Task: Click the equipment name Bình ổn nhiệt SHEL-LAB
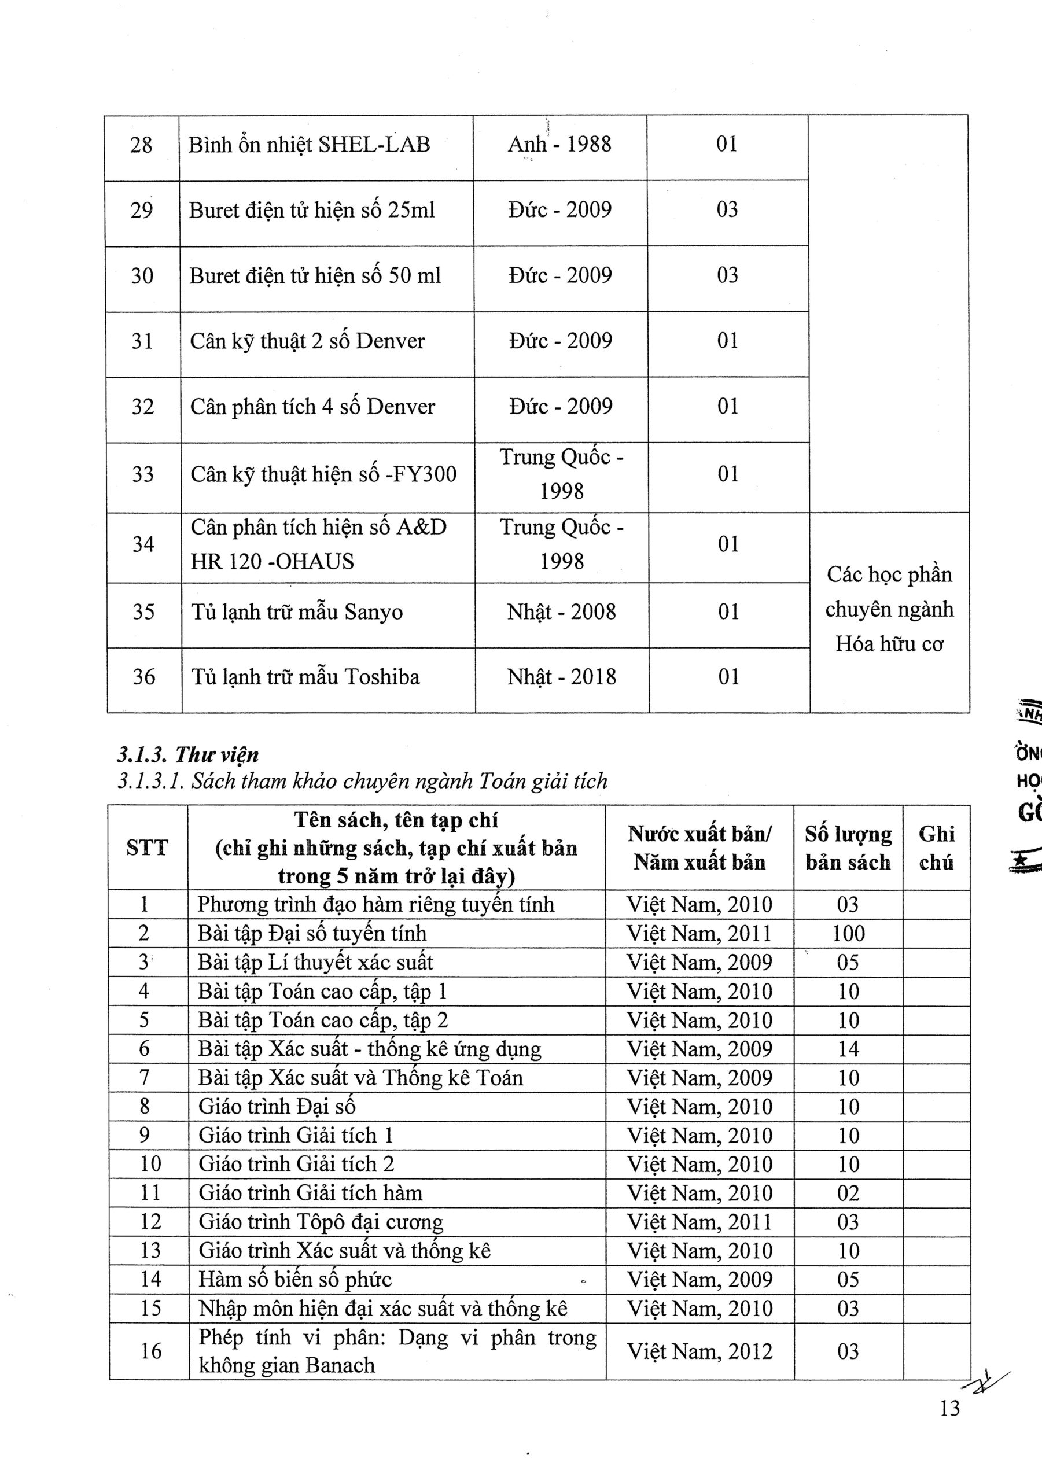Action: click(x=309, y=145)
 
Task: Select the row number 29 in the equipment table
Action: click(x=141, y=210)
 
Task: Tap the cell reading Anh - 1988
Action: click(x=559, y=144)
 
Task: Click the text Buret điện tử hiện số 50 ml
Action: click(x=315, y=276)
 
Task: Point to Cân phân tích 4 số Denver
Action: click(x=312, y=406)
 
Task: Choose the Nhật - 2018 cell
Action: click(x=561, y=677)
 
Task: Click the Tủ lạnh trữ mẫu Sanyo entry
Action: click(x=297, y=611)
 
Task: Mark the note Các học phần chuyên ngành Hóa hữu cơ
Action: click(x=889, y=610)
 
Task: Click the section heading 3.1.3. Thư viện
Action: click(x=188, y=754)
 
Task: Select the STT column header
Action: click(x=147, y=848)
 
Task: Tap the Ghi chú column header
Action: click(x=936, y=848)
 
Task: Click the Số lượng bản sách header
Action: click(x=848, y=848)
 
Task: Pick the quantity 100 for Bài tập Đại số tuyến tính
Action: click(x=848, y=933)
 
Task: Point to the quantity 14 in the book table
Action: click(x=848, y=1049)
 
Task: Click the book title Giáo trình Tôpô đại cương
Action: click(x=321, y=1222)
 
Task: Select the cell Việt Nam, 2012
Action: click(x=699, y=1351)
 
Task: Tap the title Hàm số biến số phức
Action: click(x=295, y=1280)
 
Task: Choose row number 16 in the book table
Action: click(x=150, y=1351)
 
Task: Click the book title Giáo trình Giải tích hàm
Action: click(x=310, y=1193)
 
